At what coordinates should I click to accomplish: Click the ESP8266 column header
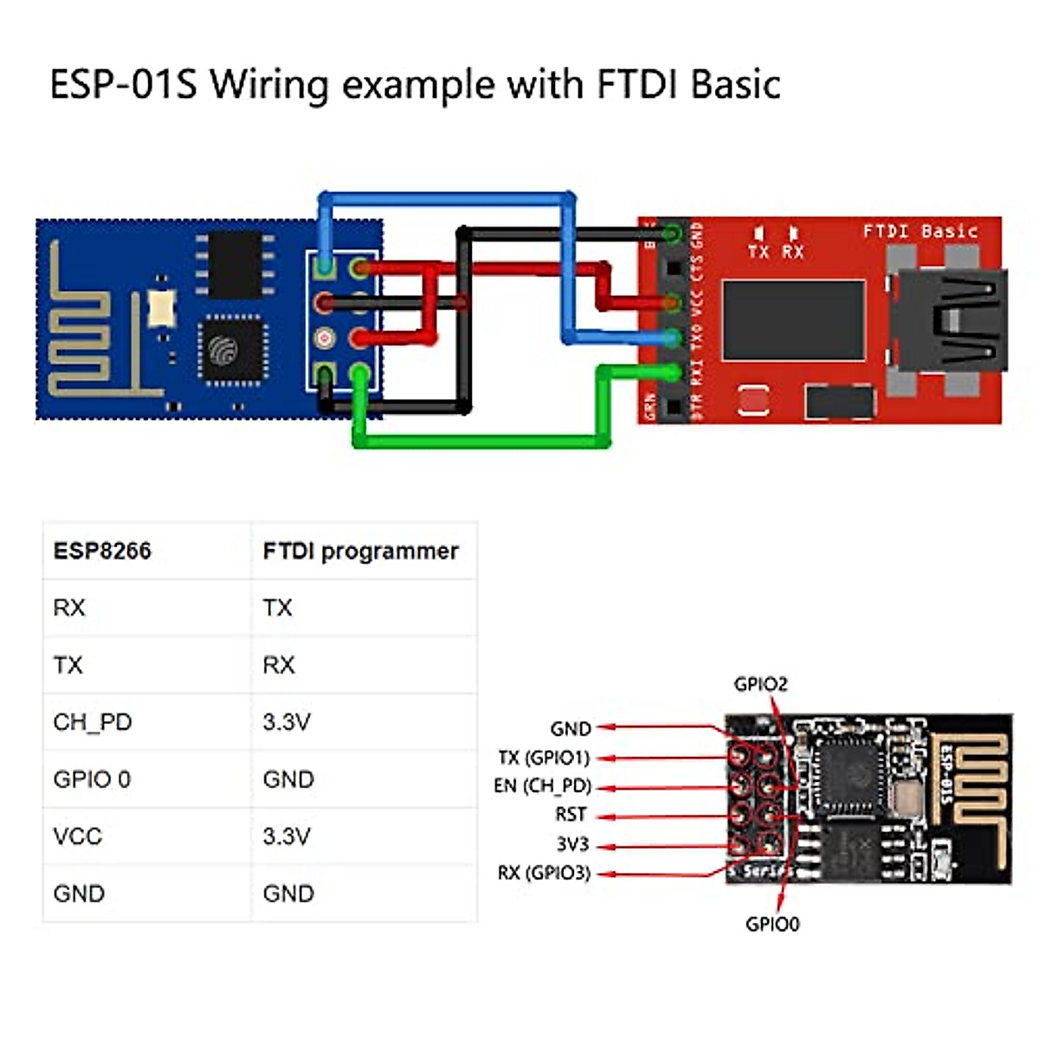tap(102, 552)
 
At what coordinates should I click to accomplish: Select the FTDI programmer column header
tap(360, 552)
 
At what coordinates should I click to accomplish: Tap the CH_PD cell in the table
tap(93, 722)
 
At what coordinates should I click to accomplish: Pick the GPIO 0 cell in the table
tap(92, 779)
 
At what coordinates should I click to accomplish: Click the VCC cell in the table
tap(78, 836)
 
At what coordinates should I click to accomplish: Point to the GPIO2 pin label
tap(760, 684)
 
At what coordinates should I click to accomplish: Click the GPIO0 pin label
tap(772, 924)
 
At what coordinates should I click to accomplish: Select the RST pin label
tap(571, 815)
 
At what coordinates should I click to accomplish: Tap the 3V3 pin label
tap(572, 844)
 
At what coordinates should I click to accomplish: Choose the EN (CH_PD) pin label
tap(542, 786)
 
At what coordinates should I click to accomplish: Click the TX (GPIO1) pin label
tap(544, 758)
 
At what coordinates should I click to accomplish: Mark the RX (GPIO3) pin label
tap(544, 873)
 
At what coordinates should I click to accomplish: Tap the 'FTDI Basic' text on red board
tap(920, 231)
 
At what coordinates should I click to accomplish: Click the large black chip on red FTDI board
tap(793, 319)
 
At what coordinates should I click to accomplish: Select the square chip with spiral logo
tap(228, 350)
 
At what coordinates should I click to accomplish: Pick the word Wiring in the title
tap(269, 85)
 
